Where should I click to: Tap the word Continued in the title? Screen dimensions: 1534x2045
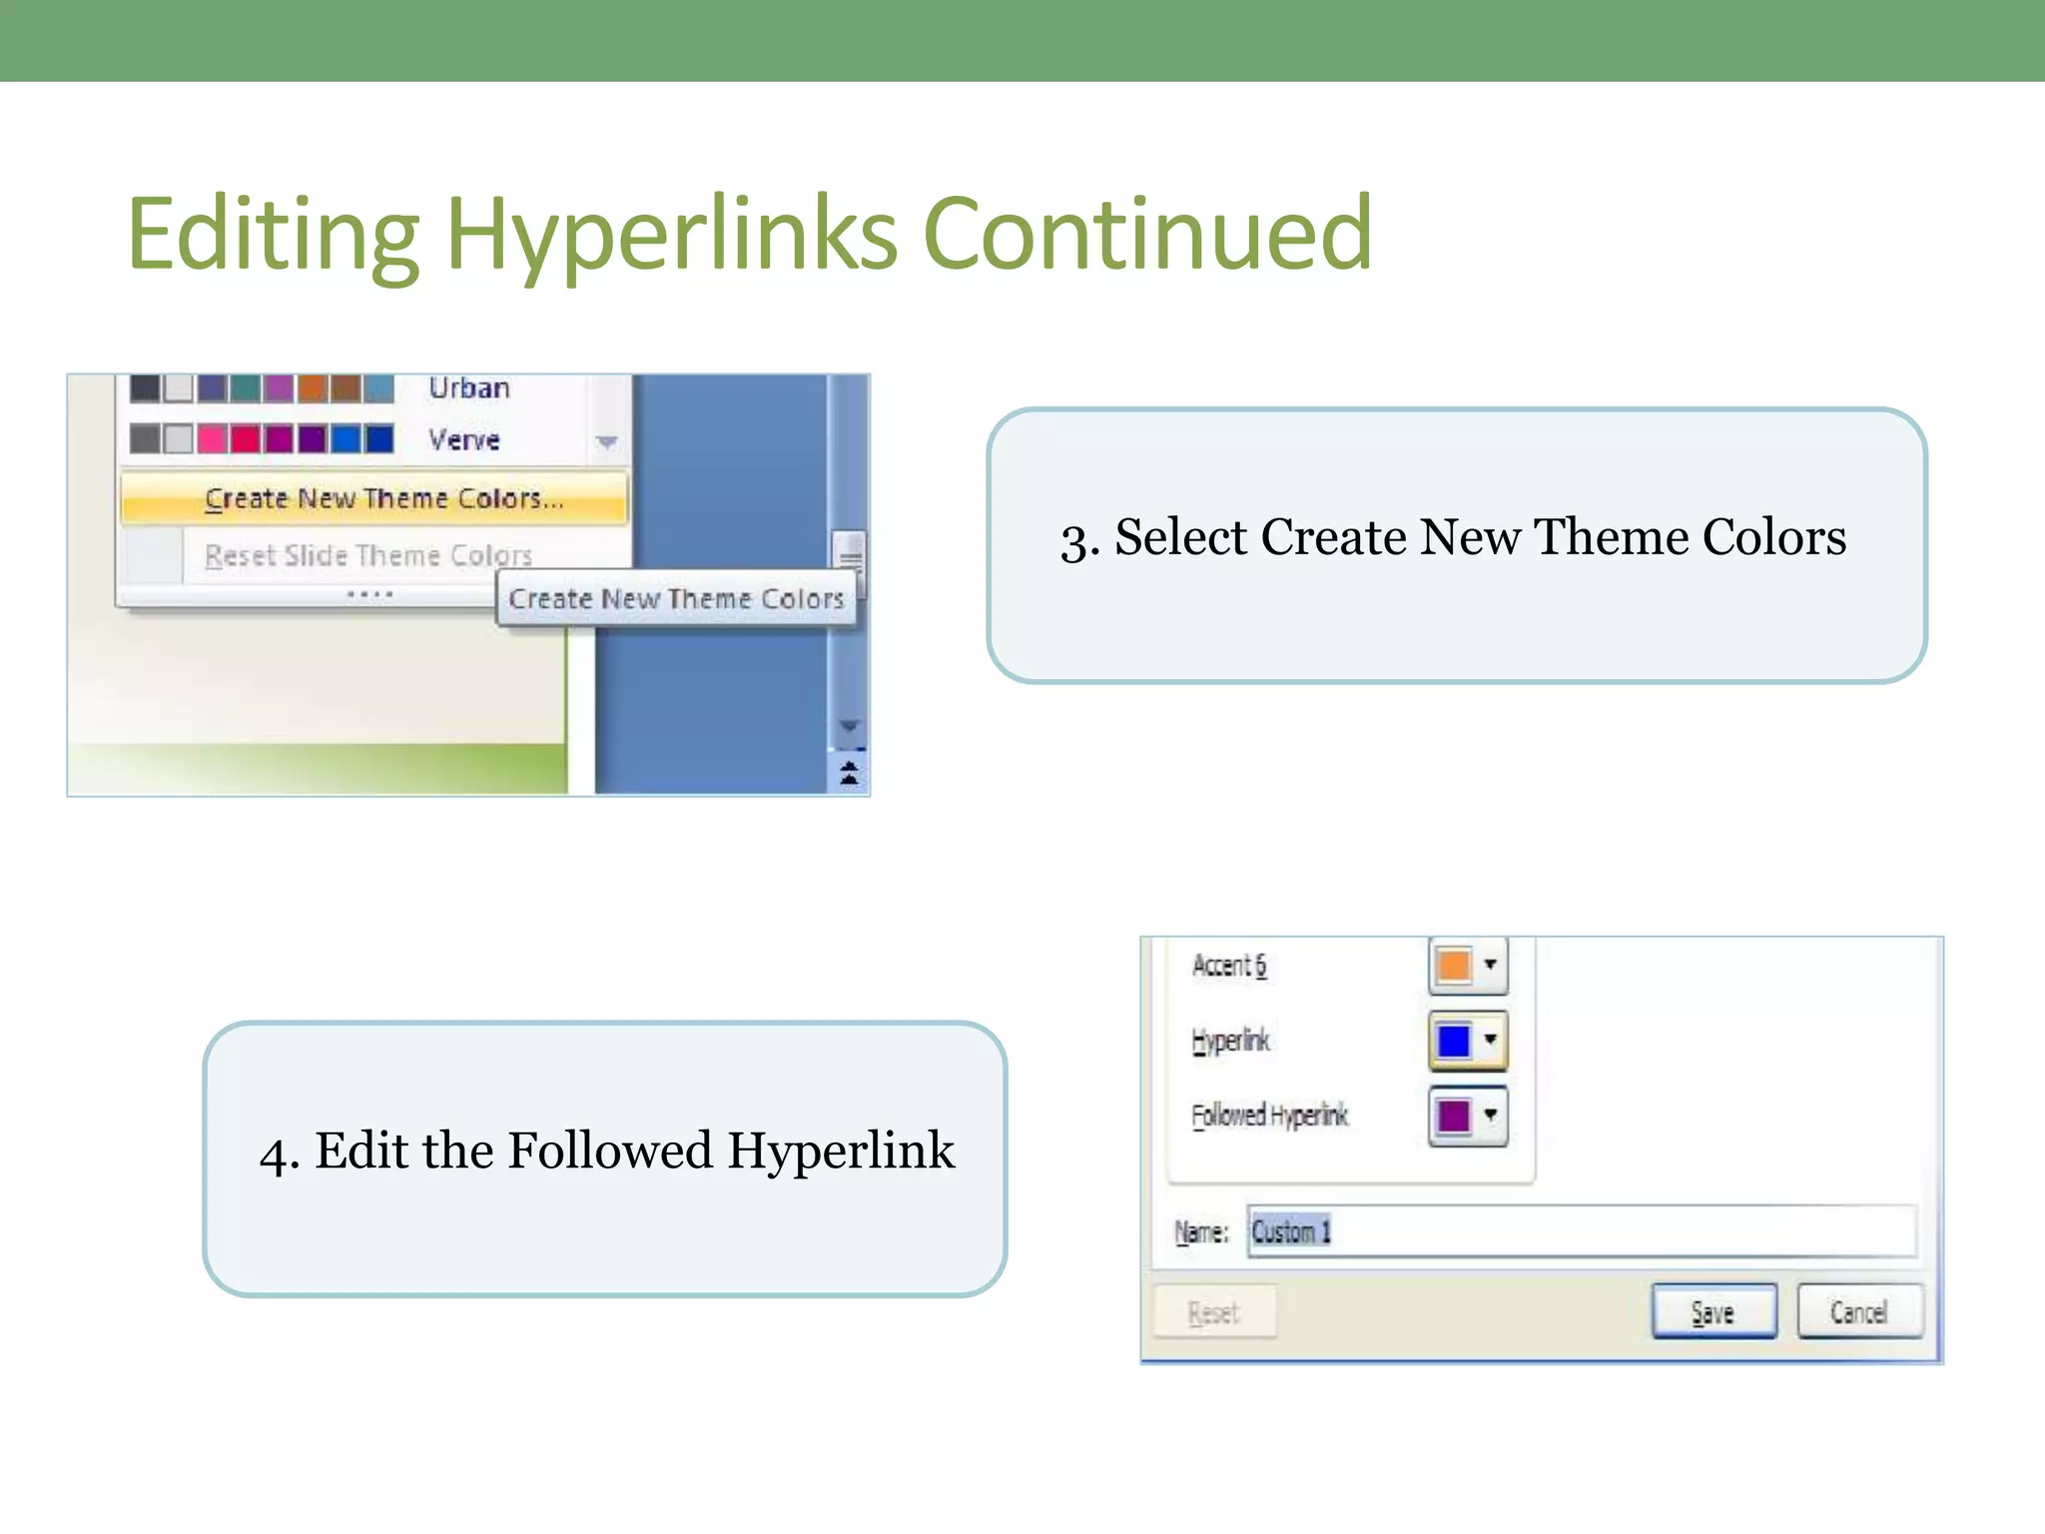(1148, 234)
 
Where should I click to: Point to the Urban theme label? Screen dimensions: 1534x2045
(469, 387)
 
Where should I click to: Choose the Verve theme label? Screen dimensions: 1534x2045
(464, 439)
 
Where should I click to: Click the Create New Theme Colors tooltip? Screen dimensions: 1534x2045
(676, 599)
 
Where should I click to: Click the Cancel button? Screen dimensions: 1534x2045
(1859, 1311)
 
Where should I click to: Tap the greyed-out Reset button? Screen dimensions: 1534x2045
(1214, 1312)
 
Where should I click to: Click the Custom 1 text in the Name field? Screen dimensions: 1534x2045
(1291, 1231)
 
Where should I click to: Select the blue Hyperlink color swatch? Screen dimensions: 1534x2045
(1454, 1041)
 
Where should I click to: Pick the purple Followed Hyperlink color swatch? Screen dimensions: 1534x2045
(1454, 1116)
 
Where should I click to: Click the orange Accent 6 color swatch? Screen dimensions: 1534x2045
(1454, 966)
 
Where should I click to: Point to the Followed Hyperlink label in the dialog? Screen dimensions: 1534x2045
(1270, 1116)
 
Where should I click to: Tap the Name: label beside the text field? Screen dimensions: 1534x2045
(1201, 1232)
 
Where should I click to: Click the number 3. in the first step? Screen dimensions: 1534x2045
(1079, 539)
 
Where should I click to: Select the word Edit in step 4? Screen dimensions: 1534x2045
(359, 1150)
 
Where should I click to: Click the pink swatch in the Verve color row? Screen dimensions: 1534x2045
(211, 438)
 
